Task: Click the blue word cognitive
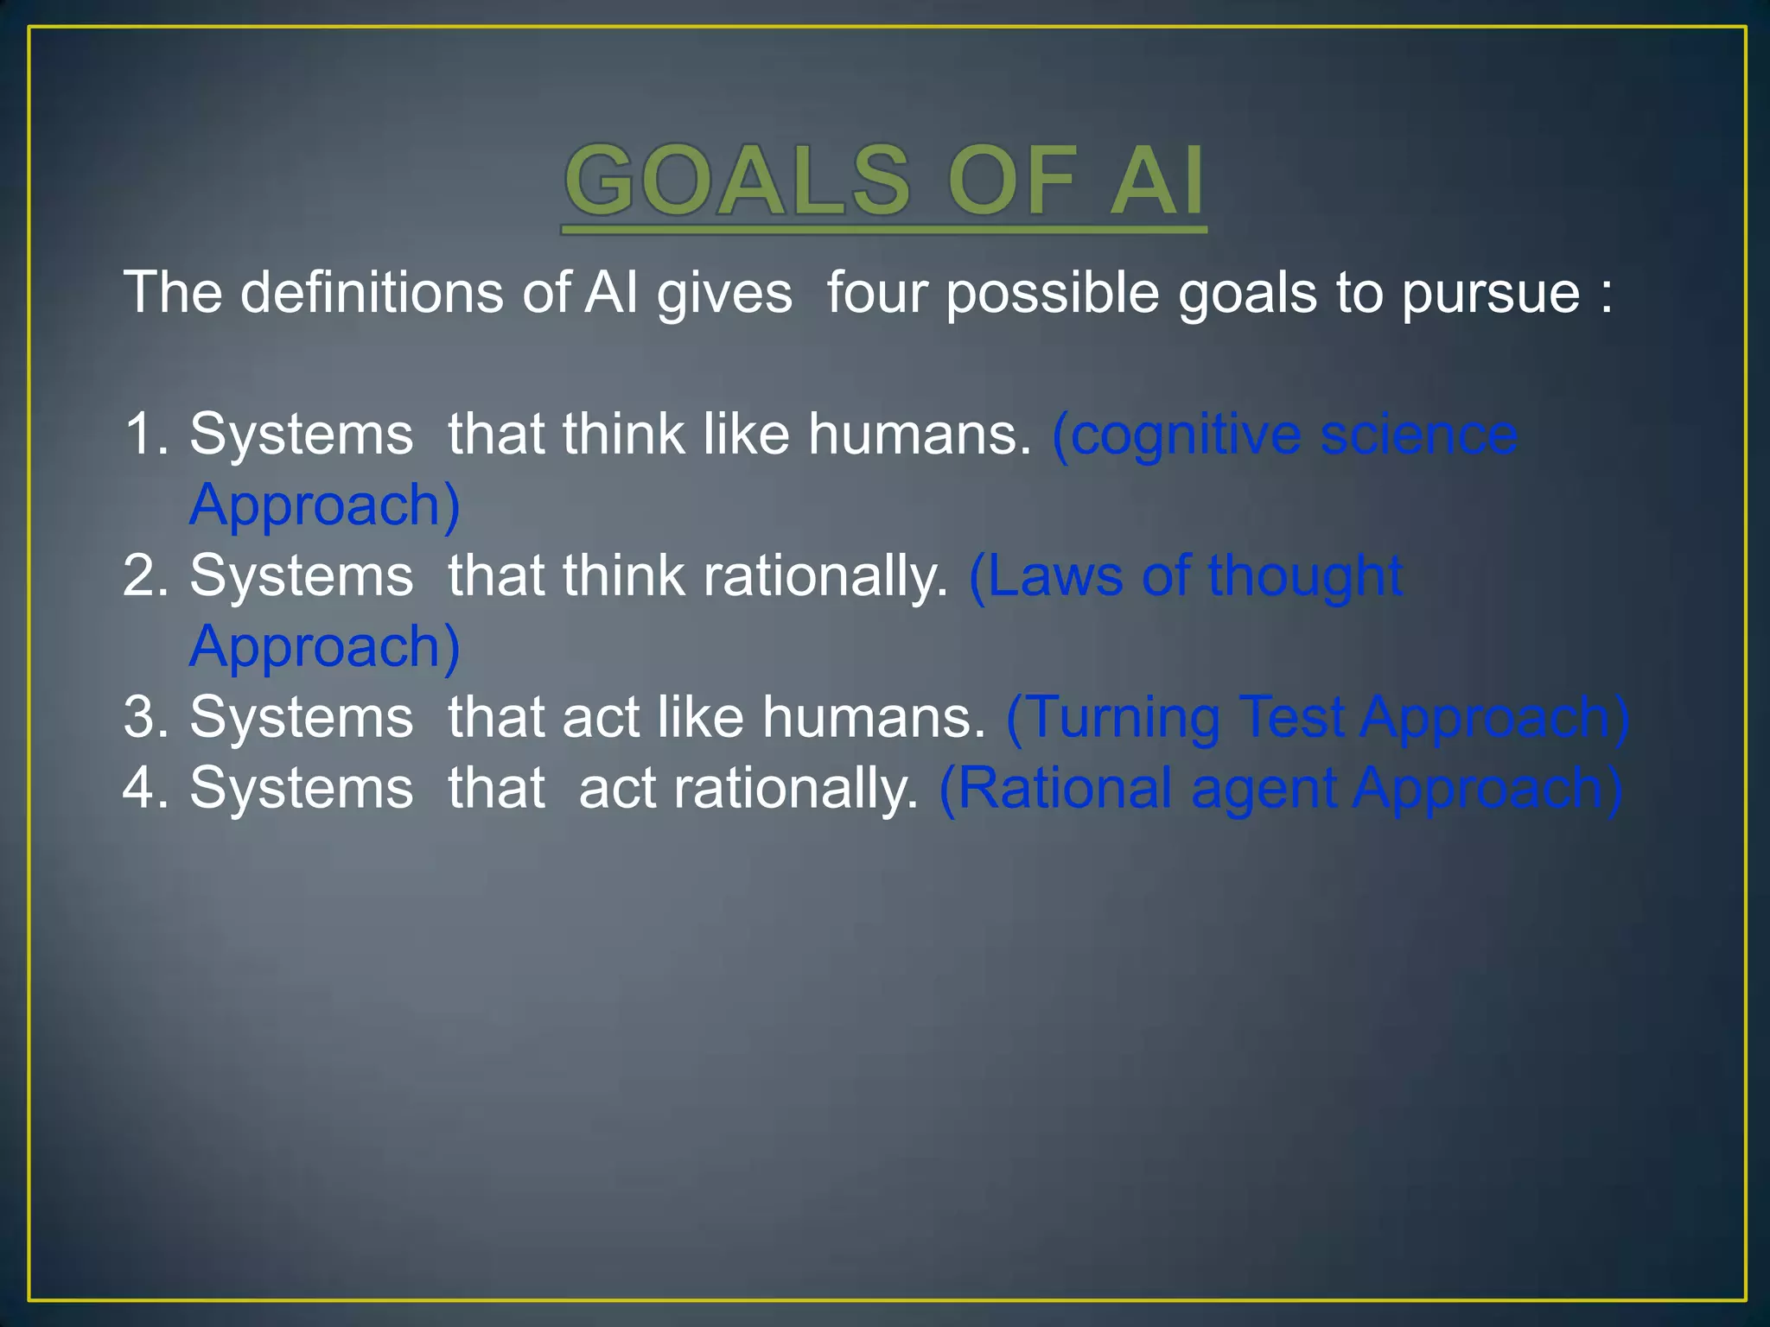(x=1186, y=435)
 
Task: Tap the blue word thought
(x=1305, y=576)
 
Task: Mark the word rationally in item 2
(x=825, y=576)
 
